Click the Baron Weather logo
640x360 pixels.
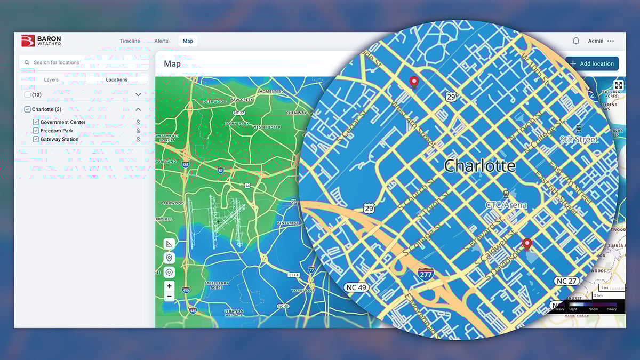pyautogui.click(x=41, y=41)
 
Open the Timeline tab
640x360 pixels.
pyautogui.click(x=130, y=41)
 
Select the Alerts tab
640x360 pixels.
pyautogui.click(x=161, y=41)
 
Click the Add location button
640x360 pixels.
pyautogui.click(x=592, y=64)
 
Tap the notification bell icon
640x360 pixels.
pyautogui.click(x=576, y=41)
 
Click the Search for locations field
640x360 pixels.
pyautogui.click(x=84, y=62)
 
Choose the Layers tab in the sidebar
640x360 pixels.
pyautogui.click(x=51, y=80)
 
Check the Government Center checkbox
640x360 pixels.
pyautogui.click(x=36, y=122)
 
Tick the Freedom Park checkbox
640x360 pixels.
pyautogui.click(x=36, y=131)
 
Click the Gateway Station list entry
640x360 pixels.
pyautogui.click(x=59, y=139)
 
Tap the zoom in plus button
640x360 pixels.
pyautogui.click(x=169, y=286)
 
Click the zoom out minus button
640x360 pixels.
pyautogui.click(x=169, y=296)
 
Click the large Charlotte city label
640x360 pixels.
pyautogui.click(x=479, y=165)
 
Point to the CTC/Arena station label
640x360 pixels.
pyautogui.click(x=506, y=205)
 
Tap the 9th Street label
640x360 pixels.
pyautogui.click(x=579, y=140)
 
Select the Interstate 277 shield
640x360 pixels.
pyautogui.click(x=425, y=275)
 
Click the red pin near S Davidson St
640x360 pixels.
pyautogui.click(x=527, y=244)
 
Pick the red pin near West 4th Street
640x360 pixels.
pyautogui.click(x=413, y=82)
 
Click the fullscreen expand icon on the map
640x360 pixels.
pyautogui.click(x=618, y=85)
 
